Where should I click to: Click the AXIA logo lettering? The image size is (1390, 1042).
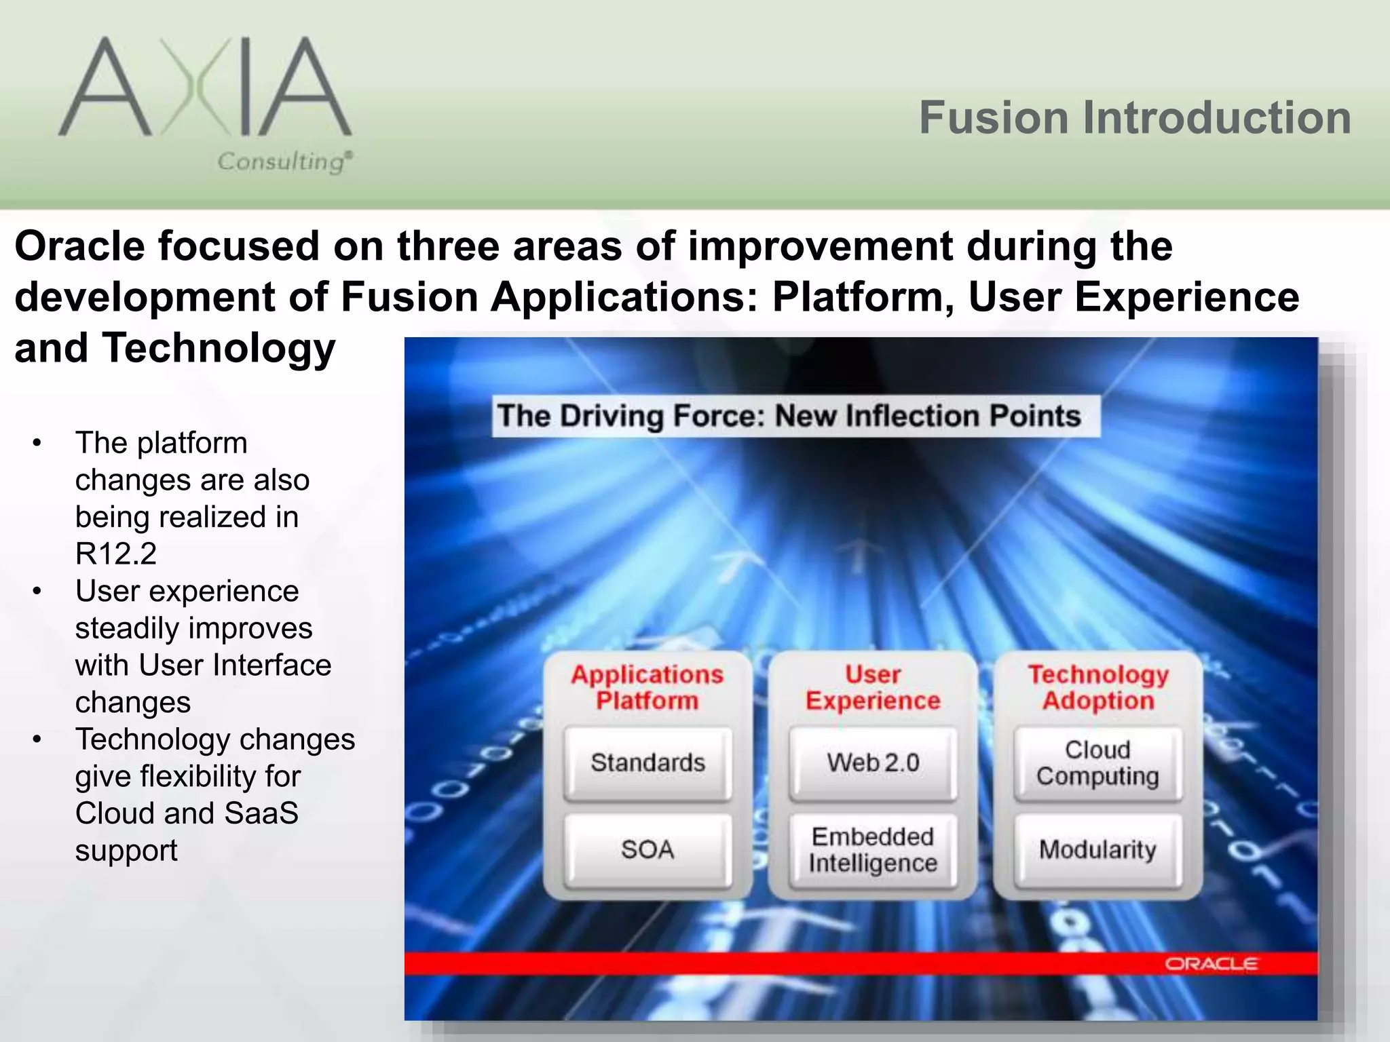(204, 88)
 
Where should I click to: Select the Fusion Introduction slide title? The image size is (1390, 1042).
(1135, 117)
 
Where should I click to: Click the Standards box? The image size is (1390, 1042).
(647, 763)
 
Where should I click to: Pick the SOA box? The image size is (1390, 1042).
(647, 849)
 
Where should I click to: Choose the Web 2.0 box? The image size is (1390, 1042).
(873, 763)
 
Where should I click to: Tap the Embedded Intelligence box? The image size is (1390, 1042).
(873, 849)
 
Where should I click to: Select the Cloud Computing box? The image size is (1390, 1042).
(1097, 763)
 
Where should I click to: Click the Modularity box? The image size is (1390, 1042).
(1097, 849)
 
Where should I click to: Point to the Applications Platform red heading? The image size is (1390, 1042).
(647, 687)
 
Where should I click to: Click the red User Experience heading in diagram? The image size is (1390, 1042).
(873, 687)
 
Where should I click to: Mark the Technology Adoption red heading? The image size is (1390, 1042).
(1098, 687)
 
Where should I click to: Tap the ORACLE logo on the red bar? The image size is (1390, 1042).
(1211, 964)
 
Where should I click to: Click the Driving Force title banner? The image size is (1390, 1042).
(789, 415)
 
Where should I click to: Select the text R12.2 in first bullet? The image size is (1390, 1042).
(116, 554)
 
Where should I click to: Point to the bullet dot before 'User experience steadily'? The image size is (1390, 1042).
(37, 591)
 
